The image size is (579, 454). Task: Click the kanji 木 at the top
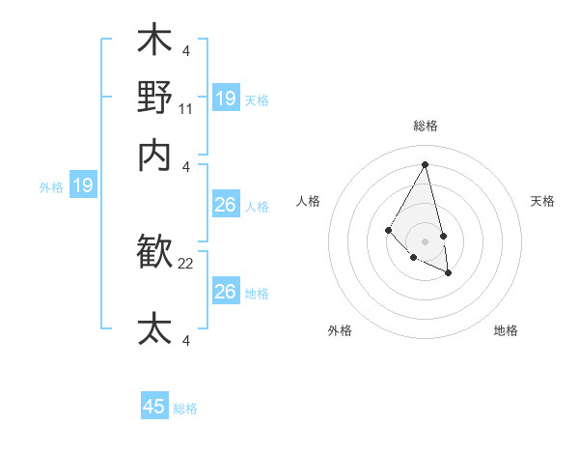click(154, 43)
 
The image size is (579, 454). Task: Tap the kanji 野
click(154, 98)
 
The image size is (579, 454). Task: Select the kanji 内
click(154, 155)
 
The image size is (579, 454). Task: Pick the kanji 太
click(154, 328)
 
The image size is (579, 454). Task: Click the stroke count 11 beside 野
click(186, 110)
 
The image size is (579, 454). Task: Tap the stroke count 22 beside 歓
click(186, 264)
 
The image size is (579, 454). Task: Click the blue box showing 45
click(154, 407)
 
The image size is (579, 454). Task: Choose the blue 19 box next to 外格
click(83, 185)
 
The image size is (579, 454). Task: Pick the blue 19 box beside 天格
click(226, 98)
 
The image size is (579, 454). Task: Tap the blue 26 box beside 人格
click(225, 205)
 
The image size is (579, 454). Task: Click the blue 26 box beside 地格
click(225, 291)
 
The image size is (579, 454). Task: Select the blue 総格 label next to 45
click(185, 409)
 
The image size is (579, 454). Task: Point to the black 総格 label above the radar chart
click(426, 126)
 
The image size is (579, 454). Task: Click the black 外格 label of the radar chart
click(340, 330)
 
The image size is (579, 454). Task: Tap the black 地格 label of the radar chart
click(506, 330)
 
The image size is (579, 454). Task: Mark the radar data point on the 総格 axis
click(426, 164)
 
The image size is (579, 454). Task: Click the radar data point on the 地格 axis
click(448, 272)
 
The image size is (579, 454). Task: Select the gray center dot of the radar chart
click(426, 241)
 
